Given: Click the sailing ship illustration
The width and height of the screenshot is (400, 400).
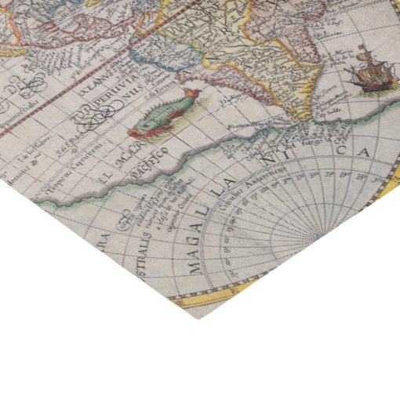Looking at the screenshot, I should click(x=368, y=70).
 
